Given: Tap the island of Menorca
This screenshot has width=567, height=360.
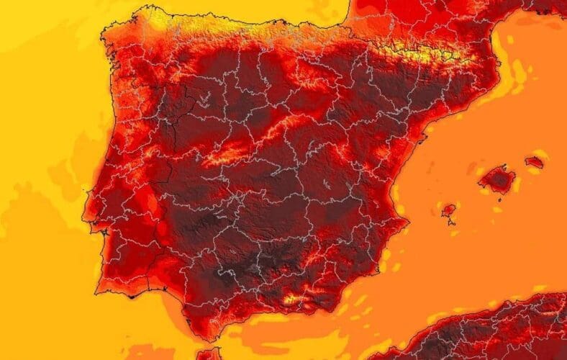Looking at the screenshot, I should pyautogui.click(x=534, y=162).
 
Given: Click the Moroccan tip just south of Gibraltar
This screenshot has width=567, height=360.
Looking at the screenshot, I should pyautogui.click(x=209, y=354).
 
